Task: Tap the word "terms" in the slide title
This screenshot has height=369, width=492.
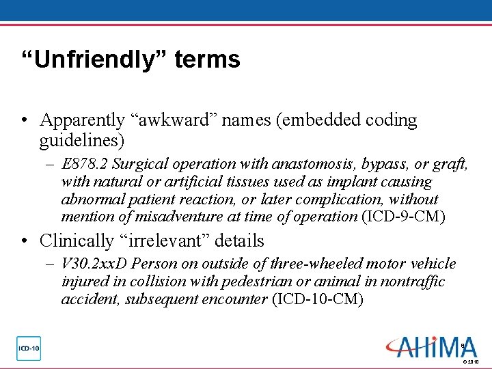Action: point(207,59)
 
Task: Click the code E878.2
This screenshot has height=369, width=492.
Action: point(85,164)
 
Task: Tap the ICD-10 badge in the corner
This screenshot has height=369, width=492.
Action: point(29,348)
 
